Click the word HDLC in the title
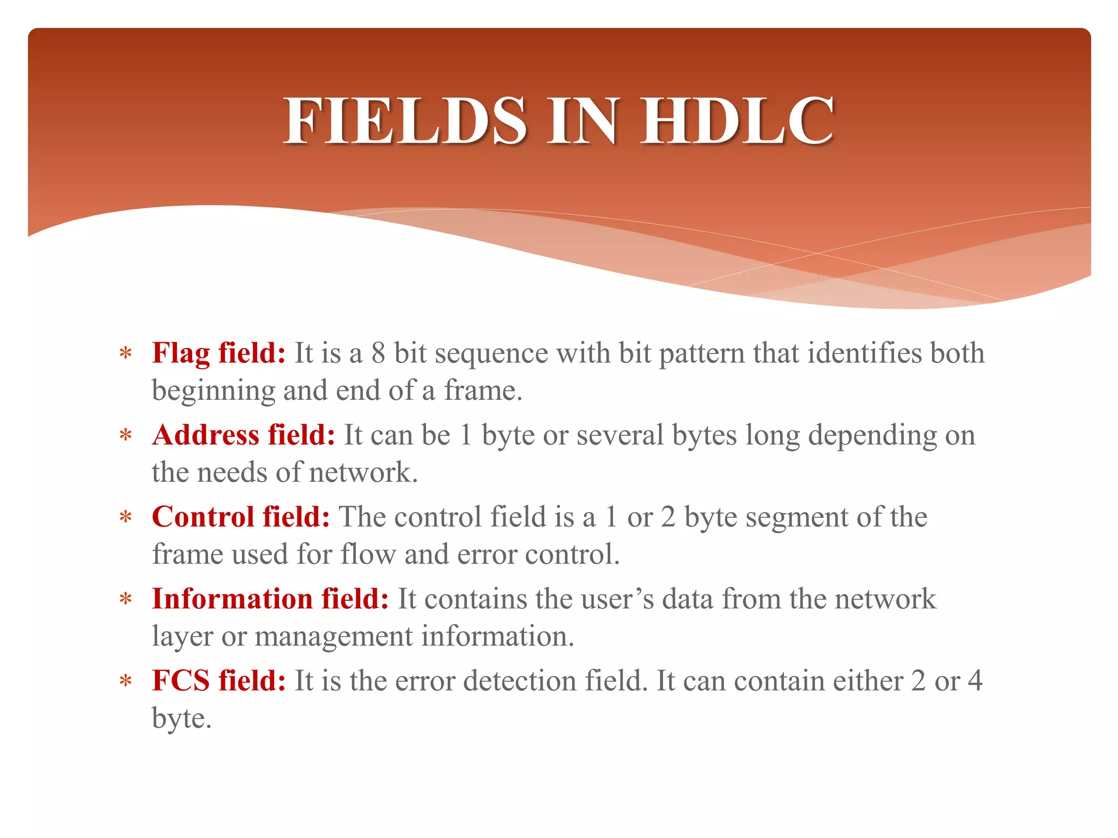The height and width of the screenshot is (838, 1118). tap(737, 121)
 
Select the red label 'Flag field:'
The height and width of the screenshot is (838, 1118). tap(218, 353)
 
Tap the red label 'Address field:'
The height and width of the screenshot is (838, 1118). tap(243, 435)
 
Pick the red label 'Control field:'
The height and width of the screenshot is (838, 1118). tap(241, 517)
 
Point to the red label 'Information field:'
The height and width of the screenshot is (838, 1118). tap(270, 599)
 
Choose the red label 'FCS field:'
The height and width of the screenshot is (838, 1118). tap(218, 681)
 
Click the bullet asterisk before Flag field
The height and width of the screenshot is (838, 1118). tap(126, 354)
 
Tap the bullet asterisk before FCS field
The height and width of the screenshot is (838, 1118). tap(126, 682)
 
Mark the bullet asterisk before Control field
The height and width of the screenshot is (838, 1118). tap(126, 518)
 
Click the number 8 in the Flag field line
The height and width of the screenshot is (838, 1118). tap(378, 353)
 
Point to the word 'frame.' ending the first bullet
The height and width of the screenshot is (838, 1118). tap(483, 391)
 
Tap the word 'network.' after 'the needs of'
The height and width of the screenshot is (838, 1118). tap(363, 472)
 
